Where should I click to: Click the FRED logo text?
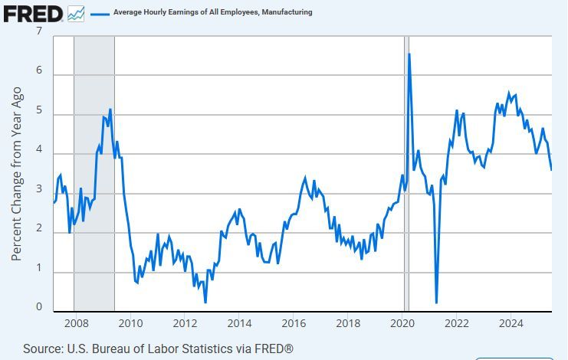click(x=33, y=13)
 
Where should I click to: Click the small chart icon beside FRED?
click(x=77, y=13)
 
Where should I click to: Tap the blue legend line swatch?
click(x=100, y=13)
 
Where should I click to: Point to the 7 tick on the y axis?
click(x=39, y=31)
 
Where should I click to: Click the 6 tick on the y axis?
click(x=39, y=74)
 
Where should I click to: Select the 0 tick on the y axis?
click(x=39, y=307)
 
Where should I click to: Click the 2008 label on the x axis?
click(x=74, y=322)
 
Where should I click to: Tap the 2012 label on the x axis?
click(x=184, y=322)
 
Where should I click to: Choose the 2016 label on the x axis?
click(x=294, y=322)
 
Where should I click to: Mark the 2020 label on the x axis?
click(x=402, y=322)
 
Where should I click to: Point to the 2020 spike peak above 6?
click(x=409, y=54)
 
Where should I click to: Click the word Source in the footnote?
click(x=43, y=349)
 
